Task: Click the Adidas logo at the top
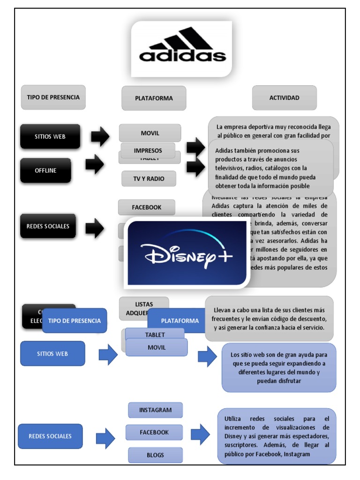pos(181,48)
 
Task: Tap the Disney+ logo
pos(187,253)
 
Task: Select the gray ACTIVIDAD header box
pos(284,98)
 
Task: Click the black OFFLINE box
pos(45,170)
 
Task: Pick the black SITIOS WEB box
pos(50,136)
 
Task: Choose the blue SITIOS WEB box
pos(52,353)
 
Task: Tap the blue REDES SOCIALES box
pos(50,436)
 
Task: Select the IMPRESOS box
pos(148,150)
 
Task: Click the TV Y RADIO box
pos(149,179)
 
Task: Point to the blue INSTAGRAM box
pos(155,410)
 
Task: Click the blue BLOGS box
pos(155,455)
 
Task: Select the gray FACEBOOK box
pos(146,207)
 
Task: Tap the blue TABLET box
pos(155,334)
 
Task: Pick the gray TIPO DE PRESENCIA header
pos(53,97)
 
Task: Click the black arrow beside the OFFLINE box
pos(95,165)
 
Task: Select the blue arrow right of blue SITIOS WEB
pos(108,354)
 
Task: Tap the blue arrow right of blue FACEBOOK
pos(201,434)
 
